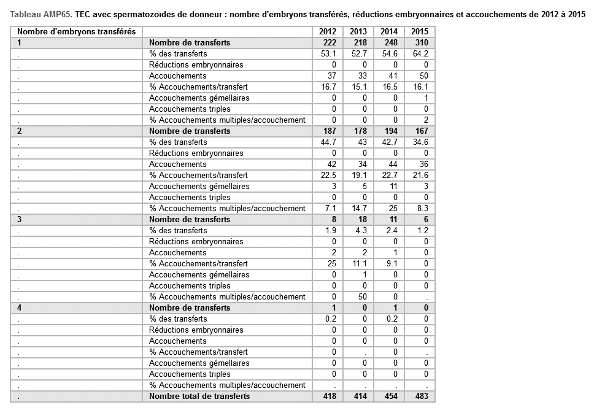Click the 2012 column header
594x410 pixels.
328,32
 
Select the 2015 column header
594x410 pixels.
420,32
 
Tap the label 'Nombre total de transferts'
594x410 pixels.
199,396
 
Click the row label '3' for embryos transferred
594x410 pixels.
20,219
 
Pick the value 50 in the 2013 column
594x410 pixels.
362,296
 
